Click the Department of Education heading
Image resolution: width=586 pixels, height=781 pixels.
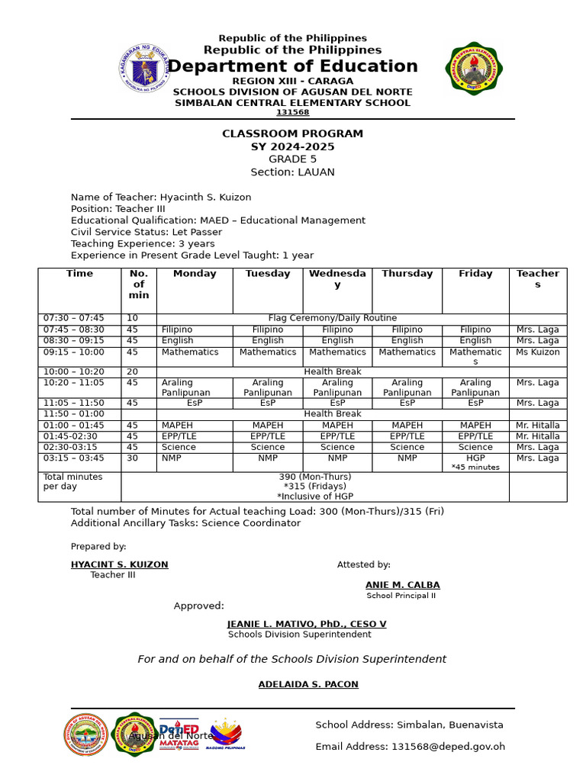(292, 66)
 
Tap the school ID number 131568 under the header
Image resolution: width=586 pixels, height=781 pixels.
(292, 112)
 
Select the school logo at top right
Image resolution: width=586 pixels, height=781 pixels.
(474, 69)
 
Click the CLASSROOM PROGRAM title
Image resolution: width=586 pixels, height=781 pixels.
(292, 133)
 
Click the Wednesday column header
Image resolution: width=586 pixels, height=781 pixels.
(337, 279)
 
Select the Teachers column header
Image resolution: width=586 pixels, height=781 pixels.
(537, 279)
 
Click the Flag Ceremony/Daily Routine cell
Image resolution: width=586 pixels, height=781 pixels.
(332, 318)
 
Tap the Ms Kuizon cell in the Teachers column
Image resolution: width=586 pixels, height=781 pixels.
(537, 352)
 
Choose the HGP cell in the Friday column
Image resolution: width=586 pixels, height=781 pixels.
(475, 458)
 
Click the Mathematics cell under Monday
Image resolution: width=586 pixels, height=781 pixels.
(190, 352)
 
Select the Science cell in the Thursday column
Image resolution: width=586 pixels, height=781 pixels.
(407, 447)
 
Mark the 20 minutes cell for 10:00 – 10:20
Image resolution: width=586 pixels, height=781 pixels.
(133, 371)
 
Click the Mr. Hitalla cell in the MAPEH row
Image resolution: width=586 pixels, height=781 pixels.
(537, 425)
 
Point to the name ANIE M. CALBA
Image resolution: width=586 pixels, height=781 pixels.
(402, 585)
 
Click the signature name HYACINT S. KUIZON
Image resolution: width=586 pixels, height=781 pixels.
(119, 564)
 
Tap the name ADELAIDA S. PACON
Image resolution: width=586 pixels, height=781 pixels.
(307, 684)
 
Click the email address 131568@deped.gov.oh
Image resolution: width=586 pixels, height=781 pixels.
(448, 747)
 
